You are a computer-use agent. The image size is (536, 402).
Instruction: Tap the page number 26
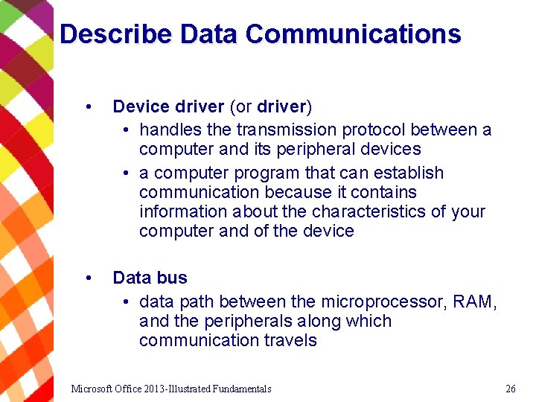(x=510, y=389)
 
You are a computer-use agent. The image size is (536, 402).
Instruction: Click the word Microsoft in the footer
(x=93, y=389)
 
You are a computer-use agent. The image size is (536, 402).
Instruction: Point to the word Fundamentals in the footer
(x=241, y=389)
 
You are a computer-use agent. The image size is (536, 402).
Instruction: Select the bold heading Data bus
(x=150, y=278)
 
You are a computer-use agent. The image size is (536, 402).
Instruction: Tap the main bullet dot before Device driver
(x=89, y=106)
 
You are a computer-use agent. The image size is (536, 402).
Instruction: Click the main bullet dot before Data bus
(x=89, y=278)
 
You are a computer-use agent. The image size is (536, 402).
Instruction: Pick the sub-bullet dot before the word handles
(x=128, y=130)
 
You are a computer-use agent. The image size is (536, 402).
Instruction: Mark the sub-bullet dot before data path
(x=128, y=302)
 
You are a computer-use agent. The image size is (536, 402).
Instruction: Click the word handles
(x=165, y=130)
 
